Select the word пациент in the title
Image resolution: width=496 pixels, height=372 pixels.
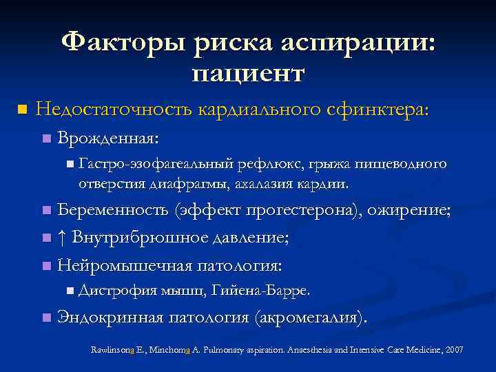248,72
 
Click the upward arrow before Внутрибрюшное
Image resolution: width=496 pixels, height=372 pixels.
62,238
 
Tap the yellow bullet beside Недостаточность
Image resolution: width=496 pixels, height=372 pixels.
21,110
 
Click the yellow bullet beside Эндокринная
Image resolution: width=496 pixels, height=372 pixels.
45,318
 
